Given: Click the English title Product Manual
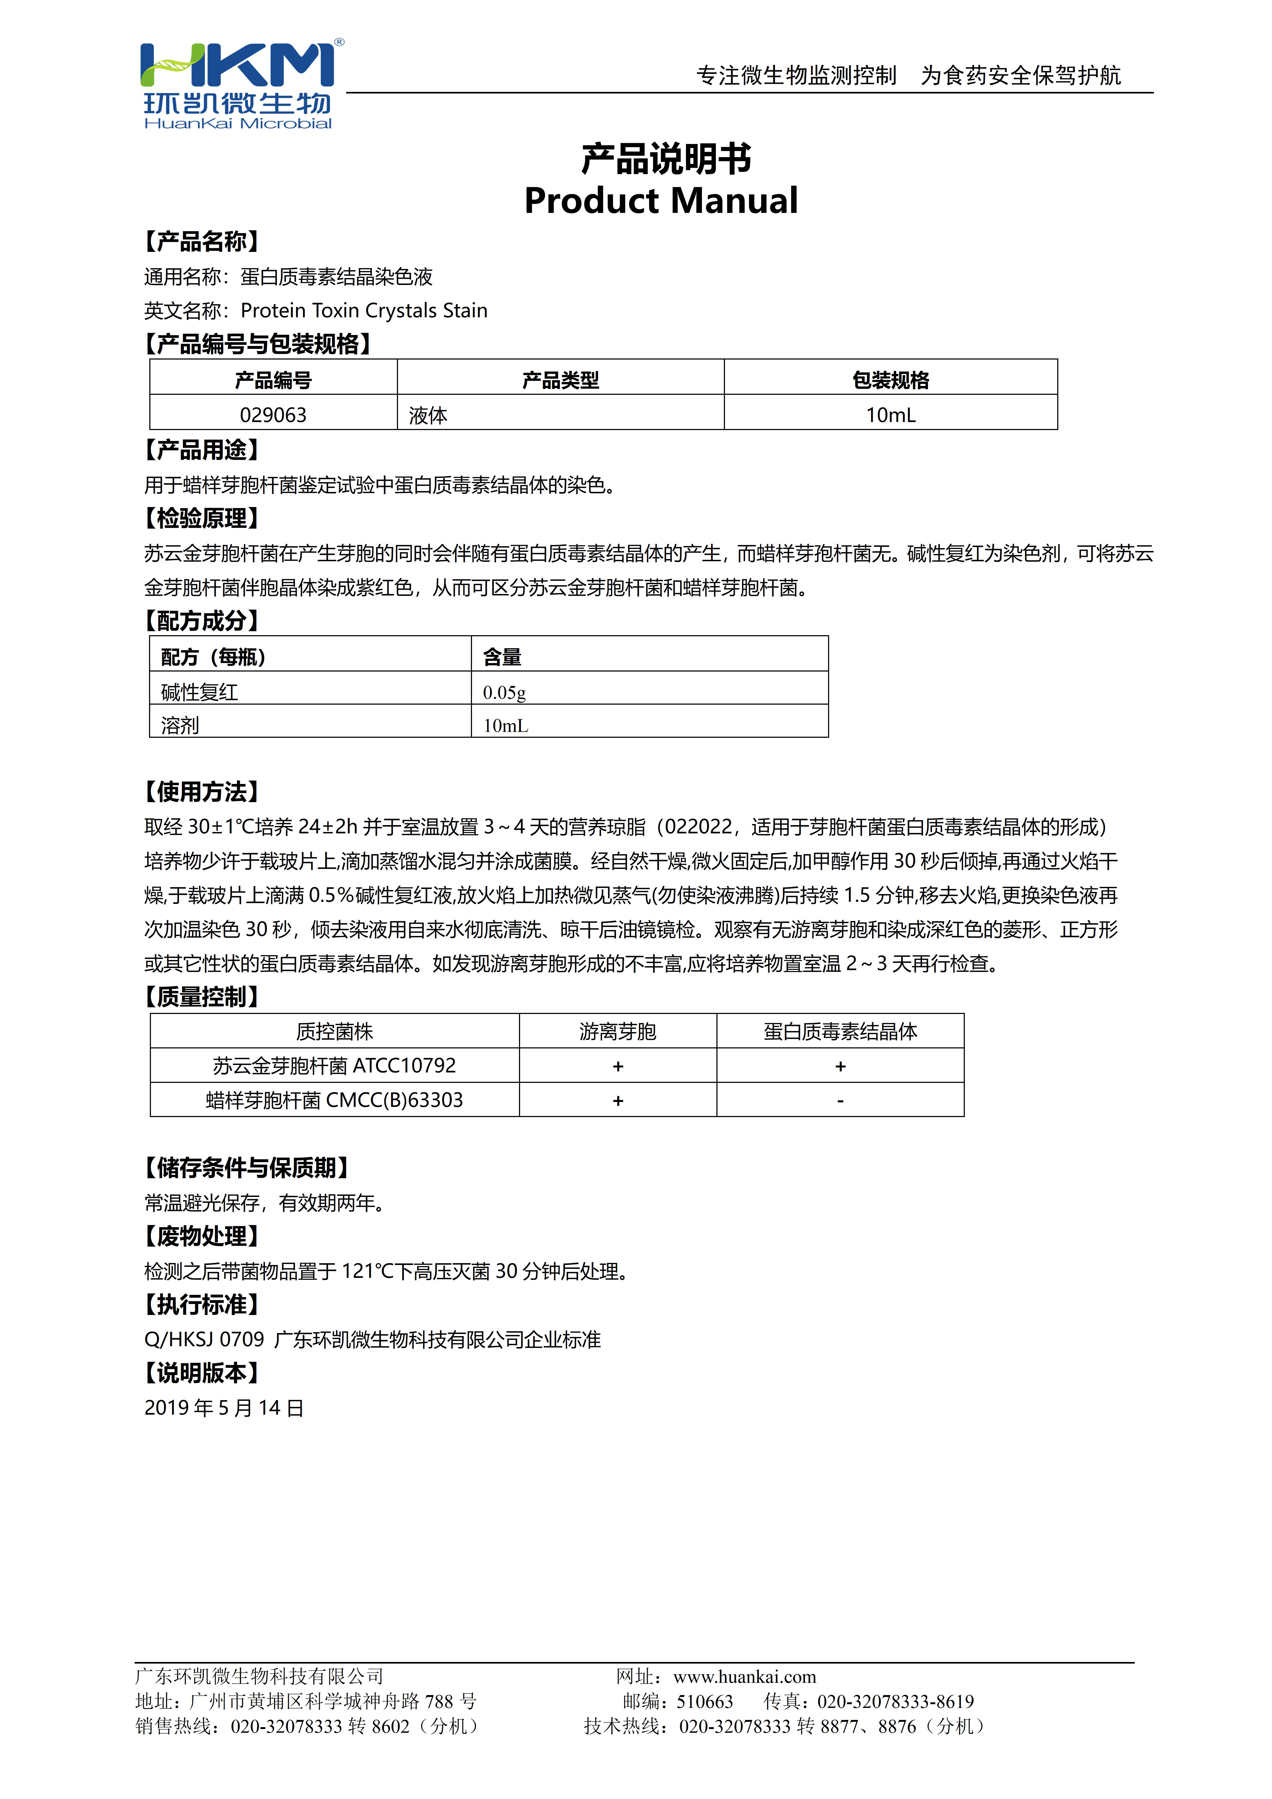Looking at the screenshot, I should (x=661, y=201).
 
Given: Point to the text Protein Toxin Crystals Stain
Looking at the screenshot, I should (x=364, y=311).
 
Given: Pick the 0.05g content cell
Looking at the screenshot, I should (x=505, y=692).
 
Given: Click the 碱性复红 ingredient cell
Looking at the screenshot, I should (x=200, y=692).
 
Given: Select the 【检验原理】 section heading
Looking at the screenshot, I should (x=201, y=518).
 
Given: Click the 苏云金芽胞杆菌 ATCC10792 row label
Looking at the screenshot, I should (x=335, y=1066).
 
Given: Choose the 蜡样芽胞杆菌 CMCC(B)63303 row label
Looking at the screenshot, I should (x=335, y=1100).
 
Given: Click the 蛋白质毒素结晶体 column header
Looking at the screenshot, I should (x=840, y=1031).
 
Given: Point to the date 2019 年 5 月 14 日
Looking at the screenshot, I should (x=224, y=1408).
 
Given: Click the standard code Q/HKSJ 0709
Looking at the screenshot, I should (x=205, y=1340).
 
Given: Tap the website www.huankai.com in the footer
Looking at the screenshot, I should (x=744, y=1677).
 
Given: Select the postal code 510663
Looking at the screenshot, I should (x=705, y=1702).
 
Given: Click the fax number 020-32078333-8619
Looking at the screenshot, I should (x=895, y=1702).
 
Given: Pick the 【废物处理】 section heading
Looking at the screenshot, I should (x=201, y=1236).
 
